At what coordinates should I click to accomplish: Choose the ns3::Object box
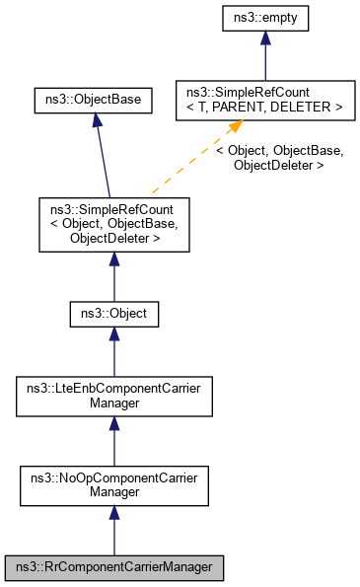point(113,314)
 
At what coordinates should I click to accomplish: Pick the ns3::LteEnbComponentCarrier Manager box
point(113,397)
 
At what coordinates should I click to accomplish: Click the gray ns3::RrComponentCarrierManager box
point(113,568)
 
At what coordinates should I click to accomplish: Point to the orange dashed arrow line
point(187,164)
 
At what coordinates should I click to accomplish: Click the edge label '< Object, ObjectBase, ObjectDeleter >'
point(280,159)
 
